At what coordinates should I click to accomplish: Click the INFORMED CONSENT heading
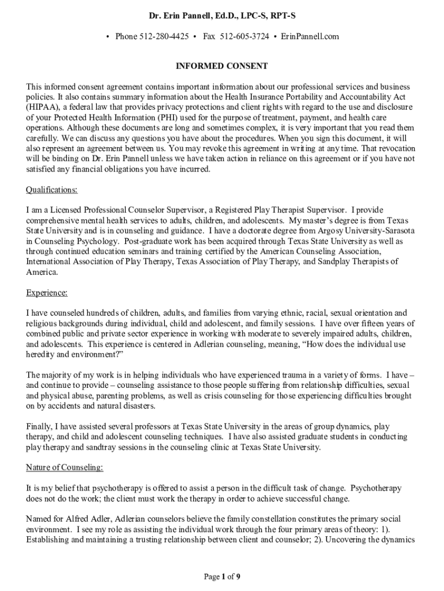[x=222, y=66]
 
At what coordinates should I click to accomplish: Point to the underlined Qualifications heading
[x=52, y=190]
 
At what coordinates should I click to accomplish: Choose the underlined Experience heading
[x=47, y=293]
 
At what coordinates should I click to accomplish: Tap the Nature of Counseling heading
[x=65, y=467]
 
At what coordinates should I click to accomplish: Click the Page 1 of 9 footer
[x=222, y=576]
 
